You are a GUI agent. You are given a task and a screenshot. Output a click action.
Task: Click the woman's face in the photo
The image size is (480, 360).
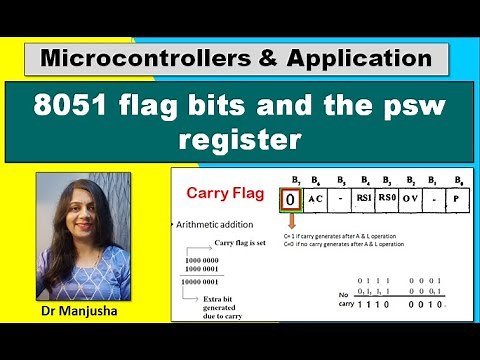click(85, 209)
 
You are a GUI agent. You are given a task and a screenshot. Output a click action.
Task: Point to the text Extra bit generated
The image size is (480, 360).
click(241, 305)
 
